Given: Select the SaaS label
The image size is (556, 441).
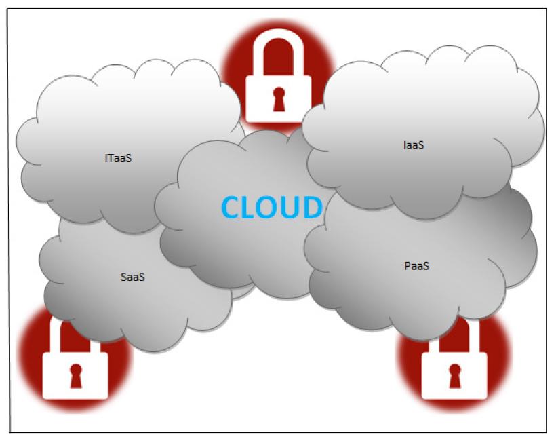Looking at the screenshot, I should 133,277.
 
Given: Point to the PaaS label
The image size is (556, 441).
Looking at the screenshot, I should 417,265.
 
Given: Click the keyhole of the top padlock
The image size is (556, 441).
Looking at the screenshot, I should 278,100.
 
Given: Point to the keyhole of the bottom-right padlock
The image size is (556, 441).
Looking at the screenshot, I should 454,375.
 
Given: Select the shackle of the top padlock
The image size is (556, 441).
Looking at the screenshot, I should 278,54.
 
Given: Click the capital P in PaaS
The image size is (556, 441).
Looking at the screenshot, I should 407,265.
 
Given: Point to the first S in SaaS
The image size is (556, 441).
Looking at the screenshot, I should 123,277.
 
